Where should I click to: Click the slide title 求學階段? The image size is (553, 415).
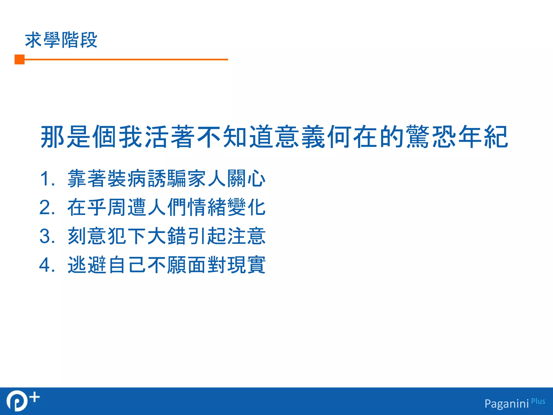click(x=61, y=40)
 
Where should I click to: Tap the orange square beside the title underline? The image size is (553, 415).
click(x=19, y=59)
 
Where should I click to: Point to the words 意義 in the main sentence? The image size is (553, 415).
click(x=300, y=137)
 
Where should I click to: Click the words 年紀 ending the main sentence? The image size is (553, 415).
click(x=483, y=137)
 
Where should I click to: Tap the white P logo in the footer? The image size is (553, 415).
click(x=17, y=401)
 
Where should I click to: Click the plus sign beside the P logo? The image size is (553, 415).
click(x=35, y=397)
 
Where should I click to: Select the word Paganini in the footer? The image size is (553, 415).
click(x=507, y=404)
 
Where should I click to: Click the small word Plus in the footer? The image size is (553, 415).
click(x=538, y=401)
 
